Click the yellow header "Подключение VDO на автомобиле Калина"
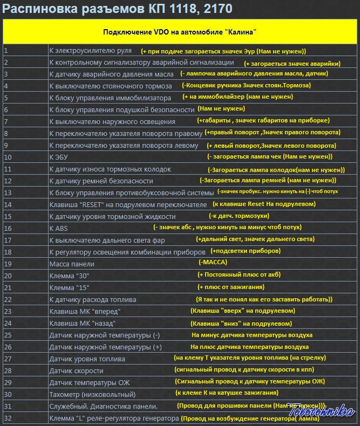(x=180, y=31)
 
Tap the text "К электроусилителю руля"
(x=90, y=51)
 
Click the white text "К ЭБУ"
(x=59, y=157)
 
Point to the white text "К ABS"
(x=58, y=228)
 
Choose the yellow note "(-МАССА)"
(x=213, y=263)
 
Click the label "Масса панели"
(x=72, y=264)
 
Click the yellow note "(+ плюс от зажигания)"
(x=230, y=287)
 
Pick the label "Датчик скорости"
(x=76, y=370)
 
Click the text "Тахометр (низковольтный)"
(x=92, y=394)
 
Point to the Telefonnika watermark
(x=322, y=411)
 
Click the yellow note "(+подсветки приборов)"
(x=245, y=251)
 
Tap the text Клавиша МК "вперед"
(x=85, y=311)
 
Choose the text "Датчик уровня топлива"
(x=87, y=359)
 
